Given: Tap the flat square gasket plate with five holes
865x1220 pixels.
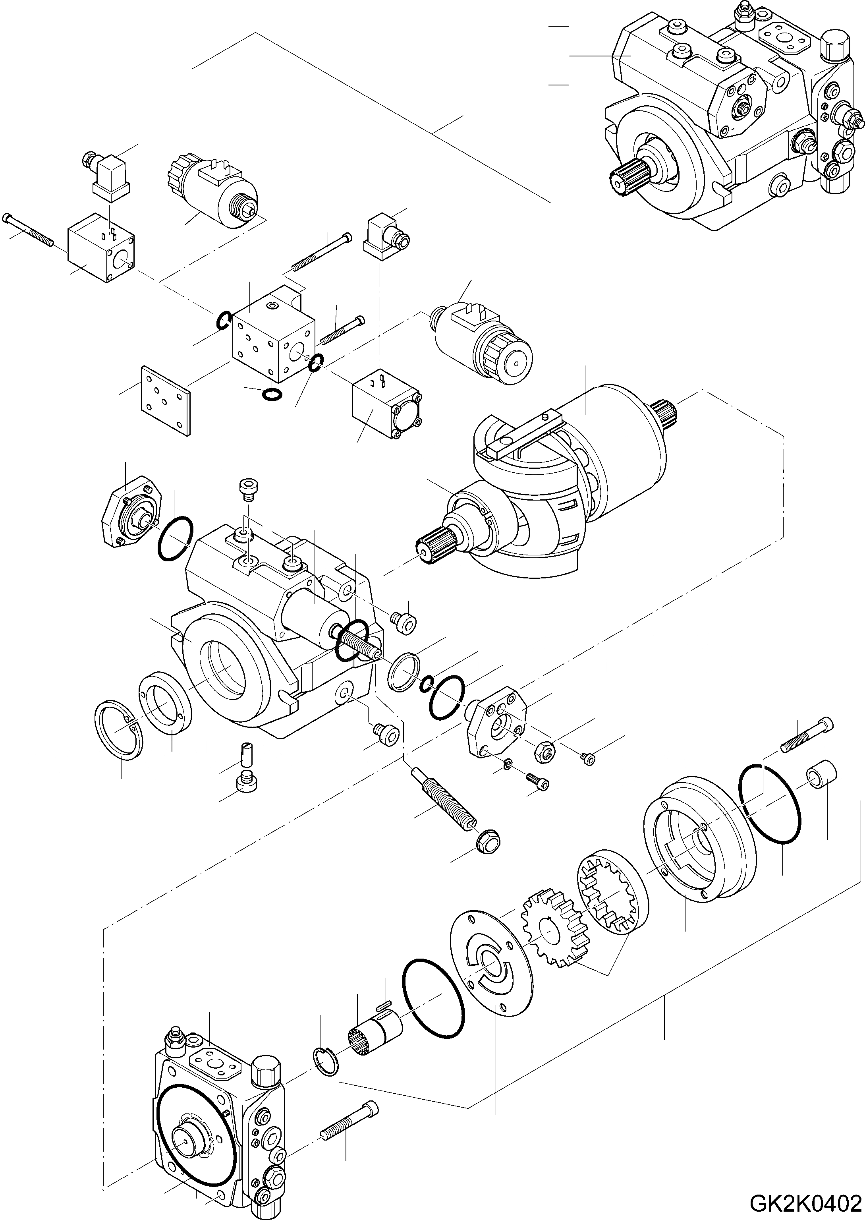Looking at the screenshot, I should point(165,400).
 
